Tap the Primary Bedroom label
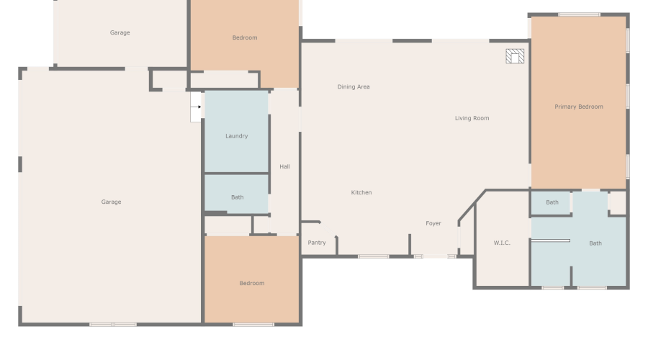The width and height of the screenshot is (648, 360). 578,107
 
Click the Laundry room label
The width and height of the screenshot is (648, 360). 236,136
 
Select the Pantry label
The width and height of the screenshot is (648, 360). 317,243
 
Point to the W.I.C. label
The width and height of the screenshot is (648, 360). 502,243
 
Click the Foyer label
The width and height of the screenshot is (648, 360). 433,223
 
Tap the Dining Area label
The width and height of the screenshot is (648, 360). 354,87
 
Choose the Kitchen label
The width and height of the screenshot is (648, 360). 361,192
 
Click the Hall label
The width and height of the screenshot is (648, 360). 284,167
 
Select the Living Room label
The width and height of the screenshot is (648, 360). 472,118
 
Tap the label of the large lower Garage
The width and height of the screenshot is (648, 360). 111,202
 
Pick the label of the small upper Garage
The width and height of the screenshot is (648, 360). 120,32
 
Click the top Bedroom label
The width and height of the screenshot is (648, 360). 244,37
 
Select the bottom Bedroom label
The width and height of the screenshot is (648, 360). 251,283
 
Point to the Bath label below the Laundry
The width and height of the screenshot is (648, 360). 237,197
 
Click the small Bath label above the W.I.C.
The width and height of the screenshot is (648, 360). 552,202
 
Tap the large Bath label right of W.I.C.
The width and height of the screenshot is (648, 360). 595,243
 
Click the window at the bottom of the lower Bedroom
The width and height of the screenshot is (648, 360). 253,325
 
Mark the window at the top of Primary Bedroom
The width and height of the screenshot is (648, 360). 579,14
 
